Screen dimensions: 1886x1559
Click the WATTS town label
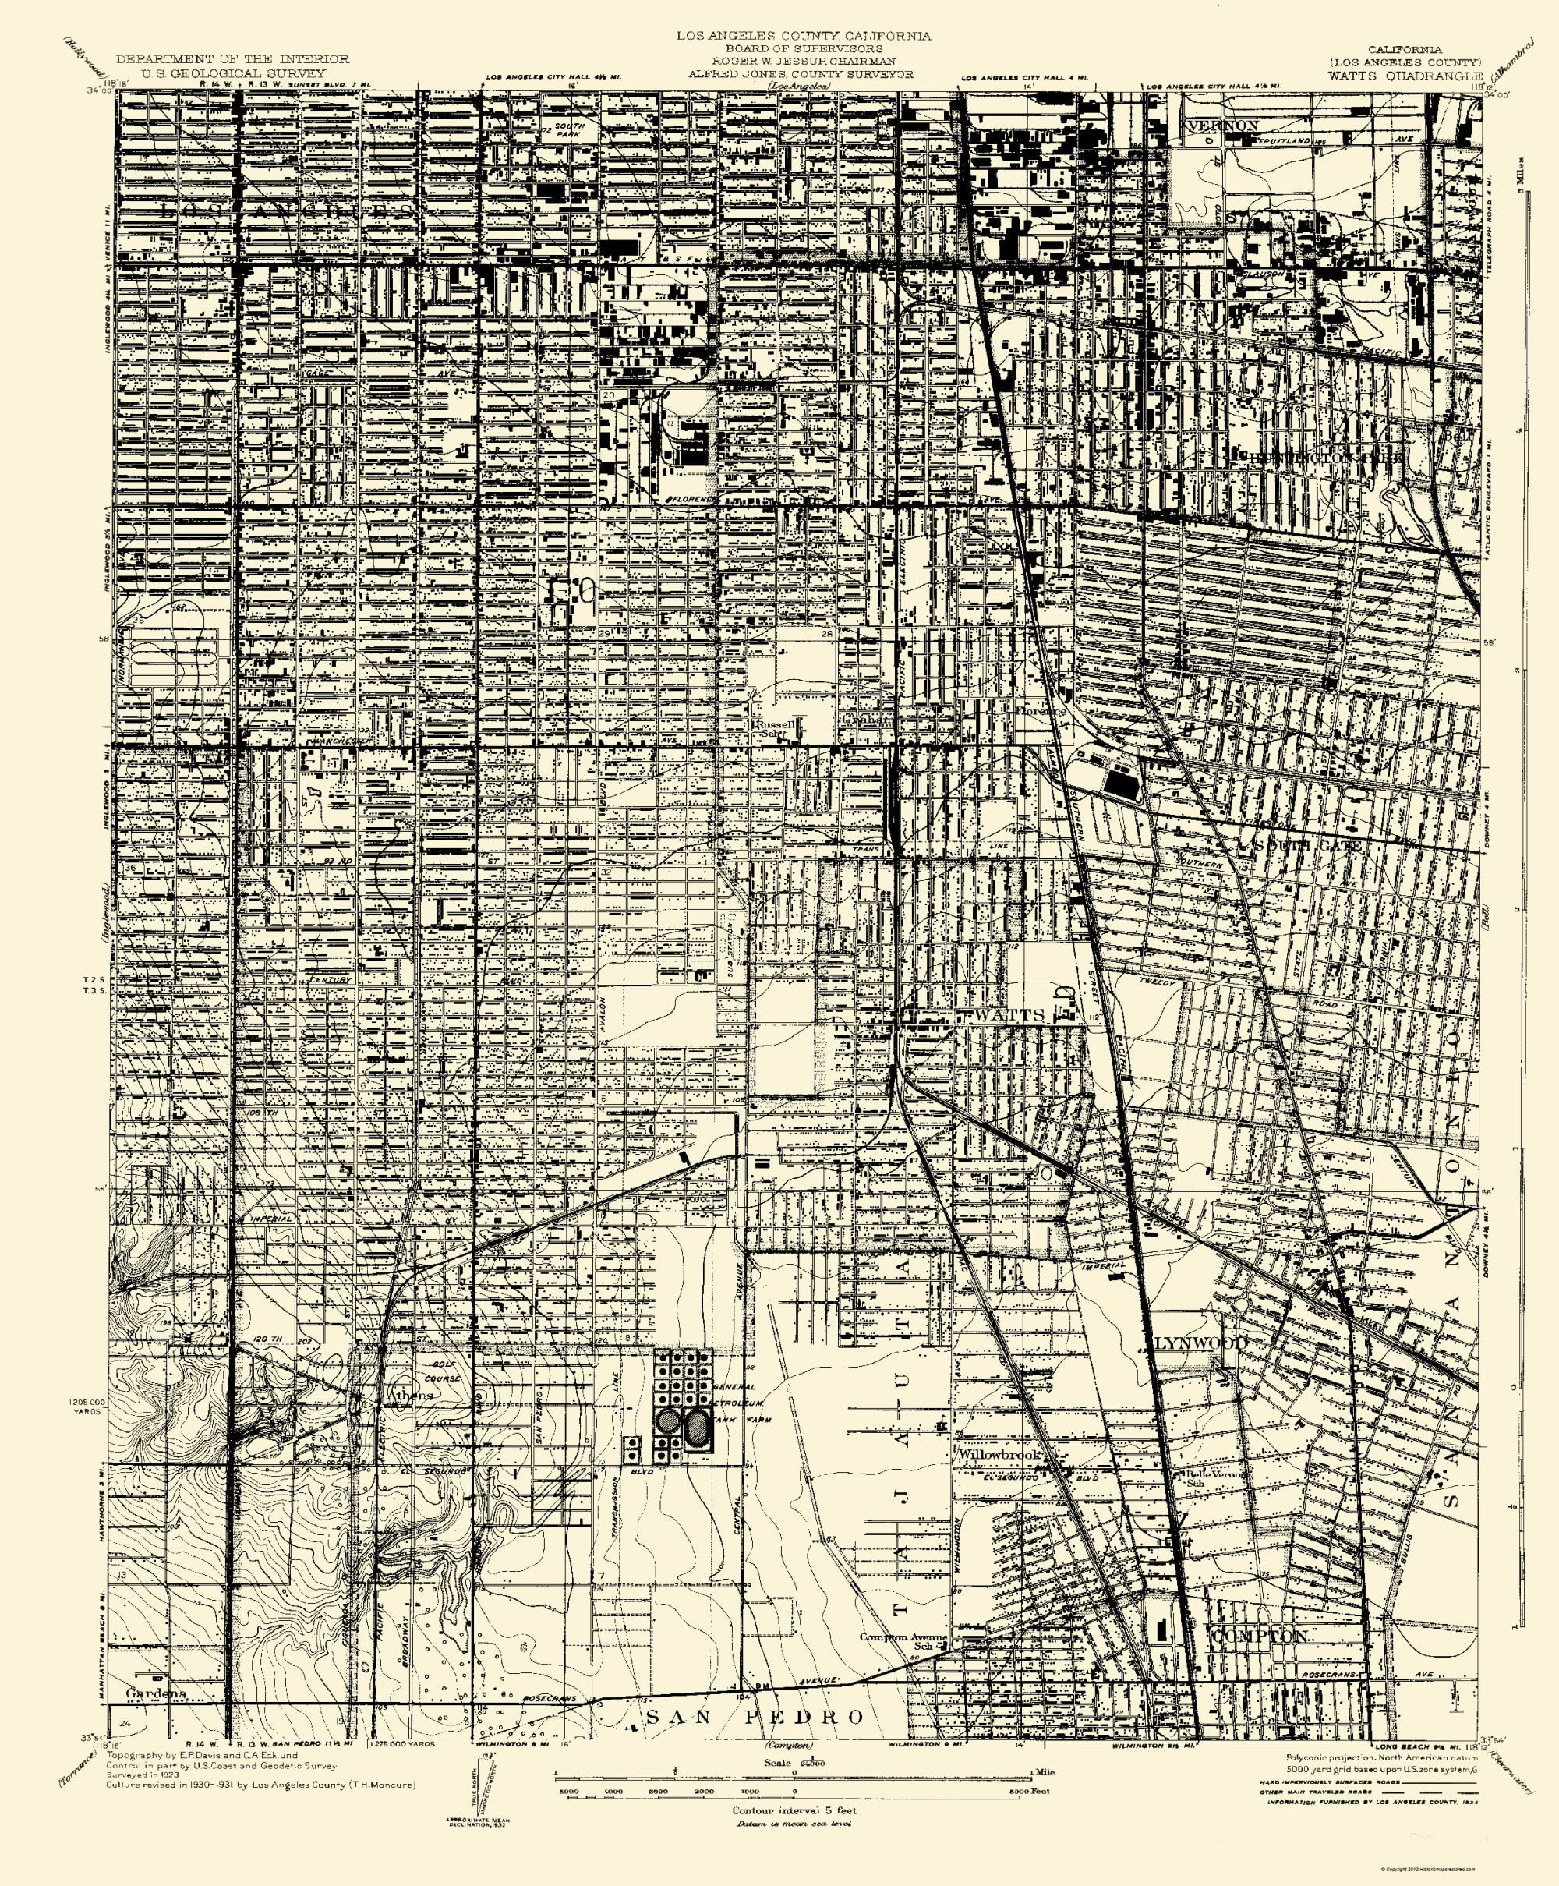point(1009,1015)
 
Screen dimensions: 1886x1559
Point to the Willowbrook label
point(999,1454)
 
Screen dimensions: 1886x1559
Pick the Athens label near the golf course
point(409,1395)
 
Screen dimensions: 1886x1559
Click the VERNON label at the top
point(1222,125)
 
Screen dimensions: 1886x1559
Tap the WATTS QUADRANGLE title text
point(1405,76)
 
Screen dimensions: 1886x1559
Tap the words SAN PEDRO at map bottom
point(755,1716)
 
